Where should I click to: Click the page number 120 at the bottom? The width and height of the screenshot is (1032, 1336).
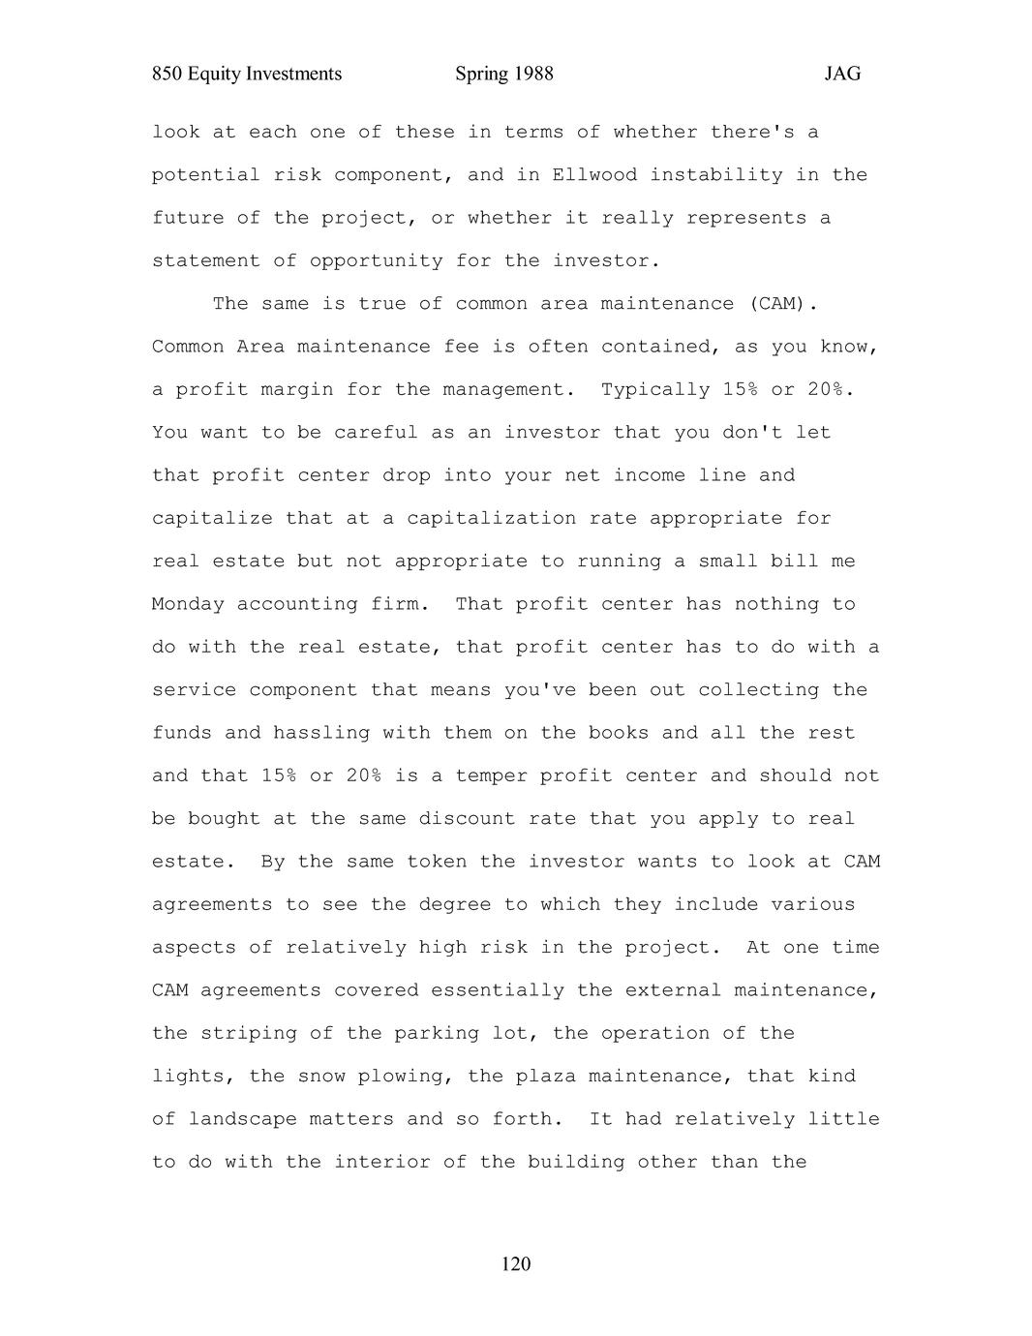(x=516, y=1264)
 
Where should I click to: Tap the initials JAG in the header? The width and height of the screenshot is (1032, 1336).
(x=842, y=75)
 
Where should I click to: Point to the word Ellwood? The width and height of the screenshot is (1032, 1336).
(x=594, y=175)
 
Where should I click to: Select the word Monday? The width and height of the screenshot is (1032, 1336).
(x=188, y=604)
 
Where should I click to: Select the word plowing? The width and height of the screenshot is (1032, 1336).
(x=406, y=1077)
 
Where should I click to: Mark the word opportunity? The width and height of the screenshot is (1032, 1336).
(x=377, y=261)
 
